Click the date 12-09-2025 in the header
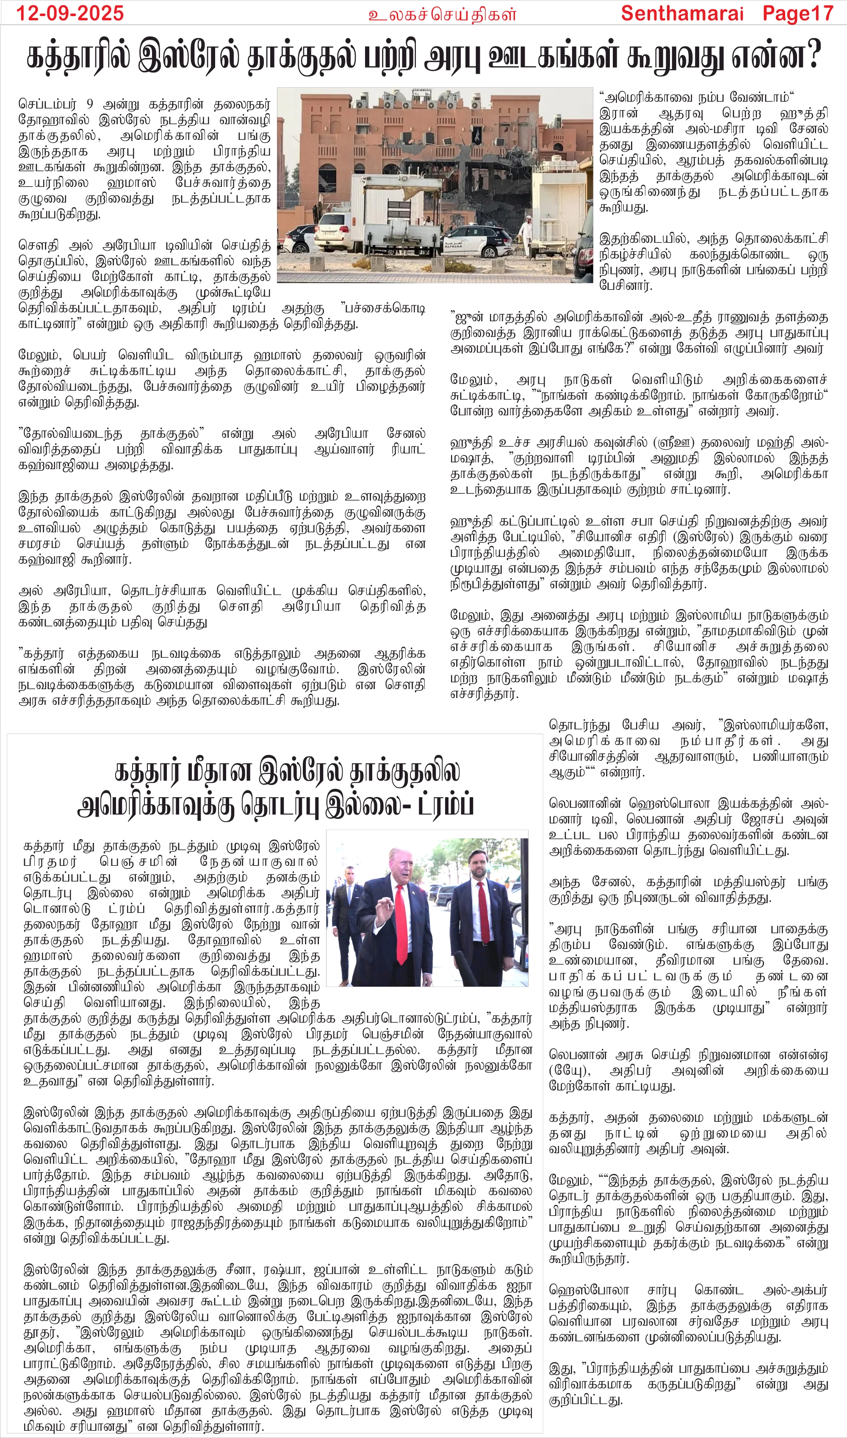[69, 13]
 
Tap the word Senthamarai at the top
[682, 13]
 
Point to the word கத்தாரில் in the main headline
[78, 57]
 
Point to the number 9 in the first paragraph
[90, 105]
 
